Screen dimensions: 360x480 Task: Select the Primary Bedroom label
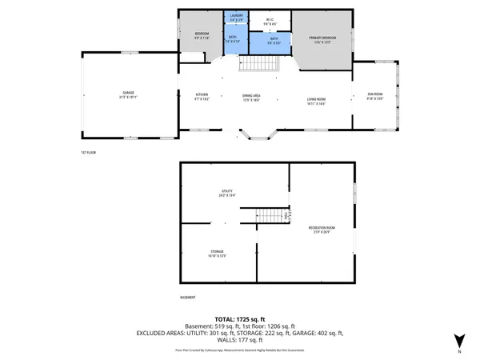(323, 39)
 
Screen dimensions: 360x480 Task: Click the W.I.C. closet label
(270, 22)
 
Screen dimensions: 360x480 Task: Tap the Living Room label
(317, 102)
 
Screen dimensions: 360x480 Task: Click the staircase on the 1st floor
(258, 62)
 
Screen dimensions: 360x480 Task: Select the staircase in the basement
(270, 216)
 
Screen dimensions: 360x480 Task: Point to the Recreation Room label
(322, 230)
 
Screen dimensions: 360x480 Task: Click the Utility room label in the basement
(227, 193)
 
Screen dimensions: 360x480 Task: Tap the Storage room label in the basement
(218, 254)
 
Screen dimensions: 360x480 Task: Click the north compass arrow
(458, 340)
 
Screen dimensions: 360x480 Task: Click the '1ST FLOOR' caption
(88, 152)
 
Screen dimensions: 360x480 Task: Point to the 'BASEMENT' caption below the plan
(188, 298)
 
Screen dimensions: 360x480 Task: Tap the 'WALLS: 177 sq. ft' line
(240, 340)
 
